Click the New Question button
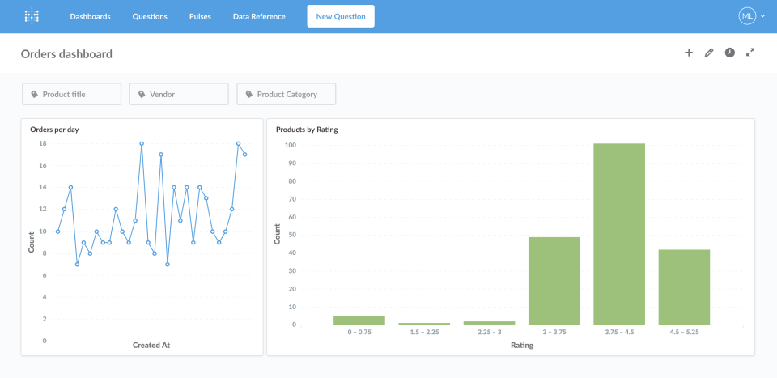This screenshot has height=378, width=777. (x=340, y=16)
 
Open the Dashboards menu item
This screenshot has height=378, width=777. (x=90, y=16)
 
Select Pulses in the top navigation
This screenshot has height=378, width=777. (x=200, y=16)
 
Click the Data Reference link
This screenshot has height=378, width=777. (x=259, y=16)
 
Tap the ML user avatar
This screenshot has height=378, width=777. (x=746, y=16)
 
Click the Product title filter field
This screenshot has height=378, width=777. (x=71, y=94)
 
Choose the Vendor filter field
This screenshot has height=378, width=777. (x=179, y=94)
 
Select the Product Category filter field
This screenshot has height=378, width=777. (x=286, y=94)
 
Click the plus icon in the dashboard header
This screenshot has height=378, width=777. (x=689, y=53)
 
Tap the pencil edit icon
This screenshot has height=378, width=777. (x=709, y=53)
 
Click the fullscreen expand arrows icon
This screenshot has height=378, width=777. (x=750, y=53)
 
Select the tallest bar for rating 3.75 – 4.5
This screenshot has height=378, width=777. (x=619, y=235)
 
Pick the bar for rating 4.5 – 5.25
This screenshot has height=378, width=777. (x=684, y=287)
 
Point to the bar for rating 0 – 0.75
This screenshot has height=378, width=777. (x=359, y=321)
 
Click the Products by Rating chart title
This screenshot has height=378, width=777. (x=307, y=130)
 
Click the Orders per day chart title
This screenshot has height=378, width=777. (x=54, y=130)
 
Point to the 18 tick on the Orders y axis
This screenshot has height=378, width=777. (x=42, y=143)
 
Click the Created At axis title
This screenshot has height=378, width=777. (x=151, y=346)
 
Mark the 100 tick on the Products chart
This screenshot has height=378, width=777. (x=289, y=146)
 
